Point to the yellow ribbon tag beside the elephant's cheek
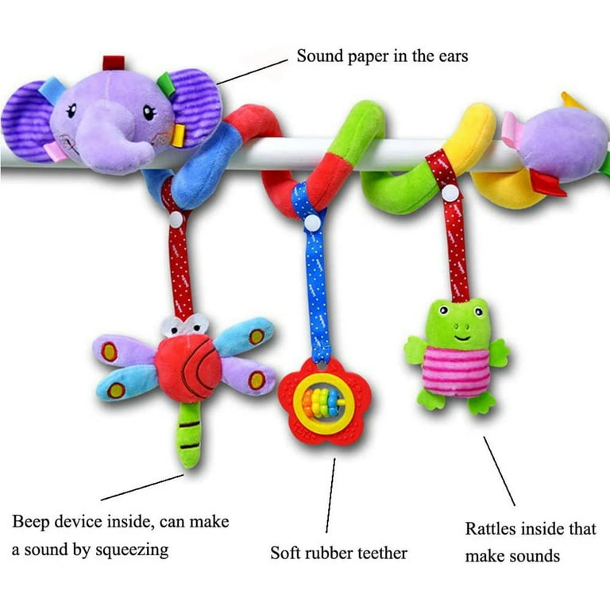click(x=177, y=135)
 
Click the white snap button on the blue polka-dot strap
click(x=313, y=223)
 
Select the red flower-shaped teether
click(x=324, y=402)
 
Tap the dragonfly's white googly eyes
click(x=184, y=325)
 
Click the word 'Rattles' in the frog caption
click(x=491, y=528)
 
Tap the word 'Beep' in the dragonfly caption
click(x=31, y=523)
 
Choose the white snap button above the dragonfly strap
click(x=176, y=220)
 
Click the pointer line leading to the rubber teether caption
click(x=330, y=496)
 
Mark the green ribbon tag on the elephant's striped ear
click(x=164, y=83)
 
